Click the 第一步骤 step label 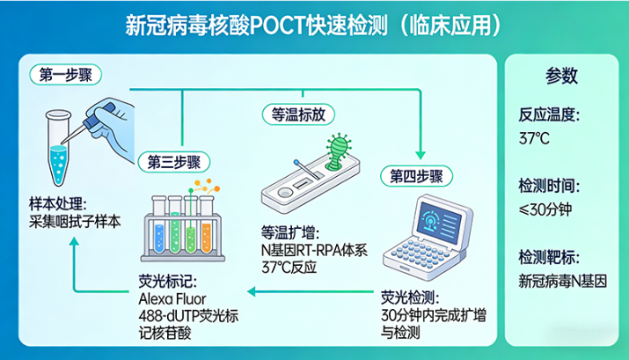[x=66, y=76]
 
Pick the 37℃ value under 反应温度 [x=535, y=138]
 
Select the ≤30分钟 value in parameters [x=546, y=209]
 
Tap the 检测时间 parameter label [x=550, y=186]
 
